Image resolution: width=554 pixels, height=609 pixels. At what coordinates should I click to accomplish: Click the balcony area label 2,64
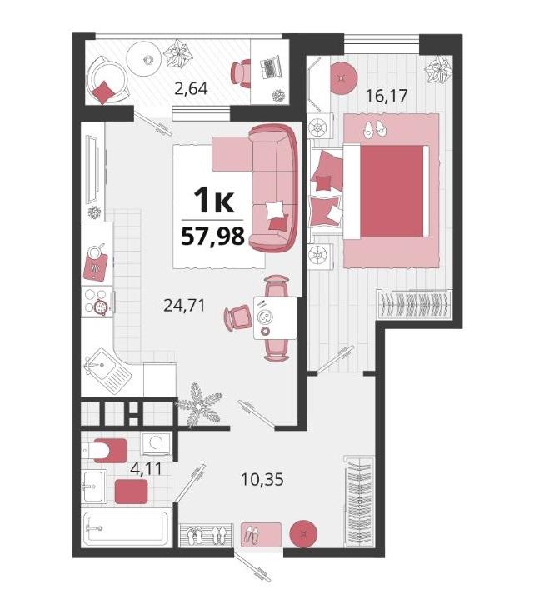pyautogui.click(x=191, y=89)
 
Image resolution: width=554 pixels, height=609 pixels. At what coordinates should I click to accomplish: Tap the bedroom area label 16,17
pyautogui.click(x=387, y=95)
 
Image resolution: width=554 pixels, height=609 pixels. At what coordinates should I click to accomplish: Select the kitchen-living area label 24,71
pyautogui.click(x=184, y=305)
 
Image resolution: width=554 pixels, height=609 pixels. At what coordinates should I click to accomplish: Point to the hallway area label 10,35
pyautogui.click(x=262, y=479)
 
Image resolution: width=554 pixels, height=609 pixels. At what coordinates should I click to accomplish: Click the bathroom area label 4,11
pyautogui.click(x=146, y=469)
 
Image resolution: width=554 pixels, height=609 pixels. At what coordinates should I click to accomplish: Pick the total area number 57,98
pyautogui.click(x=212, y=236)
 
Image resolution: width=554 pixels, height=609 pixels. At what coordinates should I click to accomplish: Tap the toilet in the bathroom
pyautogui.click(x=105, y=451)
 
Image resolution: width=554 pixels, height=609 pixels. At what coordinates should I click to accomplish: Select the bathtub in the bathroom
pyautogui.click(x=126, y=528)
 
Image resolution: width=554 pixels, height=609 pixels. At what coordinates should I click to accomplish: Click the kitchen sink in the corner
pyautogui.click(x=107, y=372)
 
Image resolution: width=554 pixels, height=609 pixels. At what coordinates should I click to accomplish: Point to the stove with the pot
pyautogui.click(x=97, y=302)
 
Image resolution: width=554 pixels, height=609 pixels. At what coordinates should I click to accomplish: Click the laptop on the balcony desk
pyautogui.click(x=269, y=67)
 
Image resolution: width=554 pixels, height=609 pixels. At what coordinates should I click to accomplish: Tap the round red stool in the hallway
pyautogui.click(x=304, y=534)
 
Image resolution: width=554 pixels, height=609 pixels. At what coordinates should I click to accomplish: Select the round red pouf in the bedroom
pyautogui.click(x=343, y=79)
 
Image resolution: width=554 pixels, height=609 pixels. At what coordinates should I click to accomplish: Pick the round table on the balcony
pyautogui.click(x=144, y=60)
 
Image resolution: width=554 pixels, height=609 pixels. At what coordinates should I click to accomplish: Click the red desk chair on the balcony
pyautogui.click(x=242, y=72)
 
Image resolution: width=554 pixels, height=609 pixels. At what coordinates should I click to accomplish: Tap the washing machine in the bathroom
pyautogui.click(x=156, y=444)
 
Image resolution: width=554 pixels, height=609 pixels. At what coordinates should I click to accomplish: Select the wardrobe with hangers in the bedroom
pyautogui.click(x=414, y=305)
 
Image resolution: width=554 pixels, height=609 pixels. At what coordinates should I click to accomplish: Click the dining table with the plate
pyautogui.click(x=276, y=317)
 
